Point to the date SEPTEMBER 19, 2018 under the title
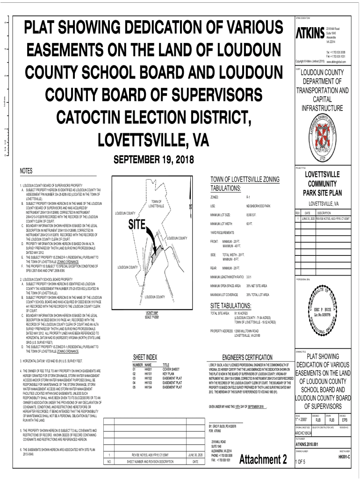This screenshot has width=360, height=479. [147, 160]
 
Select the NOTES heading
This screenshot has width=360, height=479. [26, 171]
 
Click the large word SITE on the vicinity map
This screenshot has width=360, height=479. [137, 224]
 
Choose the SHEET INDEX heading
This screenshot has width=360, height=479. [144, 357]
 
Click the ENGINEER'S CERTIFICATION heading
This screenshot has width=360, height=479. [243, 357]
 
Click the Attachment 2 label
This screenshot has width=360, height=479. [262, 460]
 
